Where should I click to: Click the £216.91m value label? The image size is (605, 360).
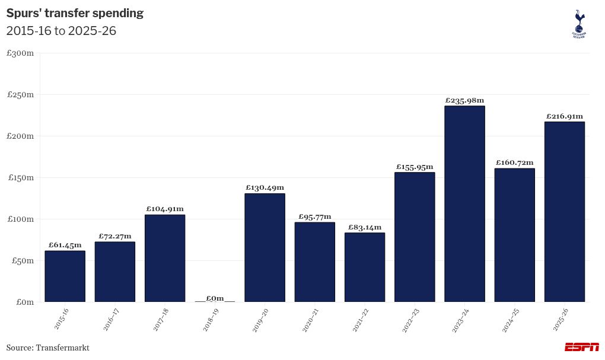pos(564,116)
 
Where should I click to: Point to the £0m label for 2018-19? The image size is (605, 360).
pos(215,298)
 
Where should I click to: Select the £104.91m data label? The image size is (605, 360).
pos(165,209)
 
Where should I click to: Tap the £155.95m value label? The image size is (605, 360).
pos(415,167)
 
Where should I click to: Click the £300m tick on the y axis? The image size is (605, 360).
pos(20,53)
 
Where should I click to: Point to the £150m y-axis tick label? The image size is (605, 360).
pos(20,178)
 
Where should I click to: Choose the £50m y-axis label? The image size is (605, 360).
pos(22,261)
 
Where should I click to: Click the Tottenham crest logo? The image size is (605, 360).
pos(579,24)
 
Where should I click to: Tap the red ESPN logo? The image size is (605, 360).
pos(581,348)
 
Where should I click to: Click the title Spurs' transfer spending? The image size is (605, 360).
pos(75,13)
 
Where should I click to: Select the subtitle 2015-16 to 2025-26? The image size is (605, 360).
pos(61,31)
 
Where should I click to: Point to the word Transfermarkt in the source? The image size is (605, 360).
pos(62,348)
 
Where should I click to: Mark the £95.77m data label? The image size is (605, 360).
pos(314,216)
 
